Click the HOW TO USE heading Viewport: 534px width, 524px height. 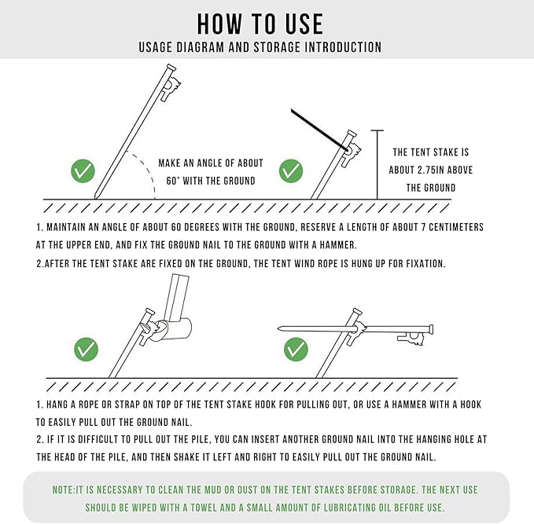260,24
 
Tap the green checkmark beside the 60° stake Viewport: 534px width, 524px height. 83,170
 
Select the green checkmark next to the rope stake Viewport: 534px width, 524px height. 291,170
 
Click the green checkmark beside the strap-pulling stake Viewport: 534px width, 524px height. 86,349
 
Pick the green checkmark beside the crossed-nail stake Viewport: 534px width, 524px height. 296,349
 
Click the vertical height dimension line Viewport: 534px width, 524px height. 377,165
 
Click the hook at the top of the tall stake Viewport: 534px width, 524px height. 171,87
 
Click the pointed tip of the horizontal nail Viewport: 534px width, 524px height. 279,328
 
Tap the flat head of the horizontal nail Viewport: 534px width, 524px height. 432,329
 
